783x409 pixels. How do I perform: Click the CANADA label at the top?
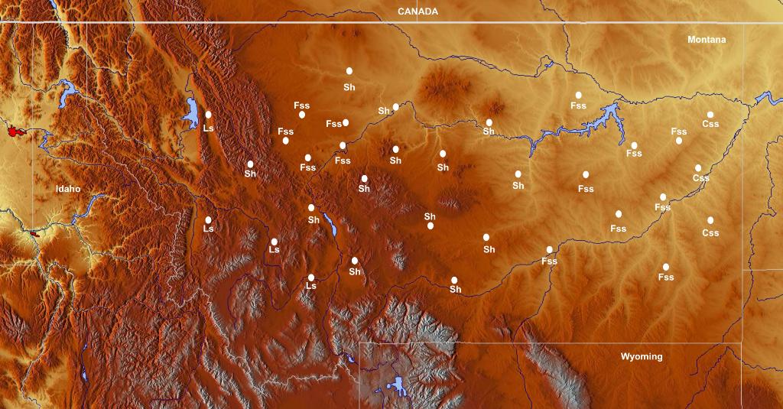[x=417, y=11]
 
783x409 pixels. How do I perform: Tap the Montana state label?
[x=706, y=40]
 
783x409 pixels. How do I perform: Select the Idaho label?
[x=67, y=189]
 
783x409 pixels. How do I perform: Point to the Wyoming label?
[x=641, y=357]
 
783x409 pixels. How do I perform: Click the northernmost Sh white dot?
[x=349, y=71]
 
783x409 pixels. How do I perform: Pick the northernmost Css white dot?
[x=710, y=115]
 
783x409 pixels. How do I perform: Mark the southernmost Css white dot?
[x=710, y=220]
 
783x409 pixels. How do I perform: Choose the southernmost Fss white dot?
[x=666, y=267]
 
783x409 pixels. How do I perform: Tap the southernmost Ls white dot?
[x=311, y=277]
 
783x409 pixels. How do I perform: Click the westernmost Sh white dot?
[x=250, y=164]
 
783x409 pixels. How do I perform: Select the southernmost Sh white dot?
[x=454, y=280]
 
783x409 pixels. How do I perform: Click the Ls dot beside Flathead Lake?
[x=208, y=115]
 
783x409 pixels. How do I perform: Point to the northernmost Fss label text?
[x=577, y=105]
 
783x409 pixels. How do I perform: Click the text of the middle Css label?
[x=700, y=178]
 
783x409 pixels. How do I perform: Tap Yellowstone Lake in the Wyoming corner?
[x=397, y=383]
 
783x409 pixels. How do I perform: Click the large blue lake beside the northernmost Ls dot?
[x=191, y=112]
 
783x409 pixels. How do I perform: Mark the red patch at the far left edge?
[x=13, y=131]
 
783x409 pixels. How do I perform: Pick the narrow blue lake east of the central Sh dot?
[x=330, y=225]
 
